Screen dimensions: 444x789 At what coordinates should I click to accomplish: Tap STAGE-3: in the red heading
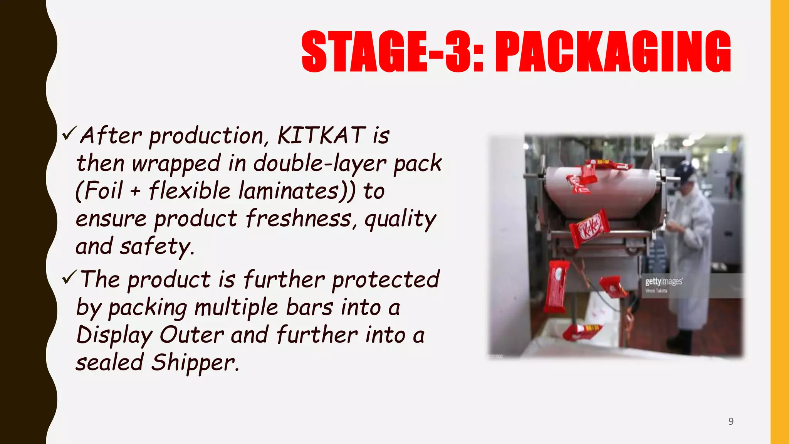coord(392,52)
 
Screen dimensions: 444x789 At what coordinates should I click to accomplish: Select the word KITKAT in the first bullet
coord(321,136)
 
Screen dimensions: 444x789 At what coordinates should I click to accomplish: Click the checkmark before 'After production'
coord(70,133)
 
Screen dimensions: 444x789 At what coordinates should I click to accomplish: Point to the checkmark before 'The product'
coord(70,277)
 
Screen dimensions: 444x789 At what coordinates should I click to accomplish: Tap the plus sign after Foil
coord(135,191)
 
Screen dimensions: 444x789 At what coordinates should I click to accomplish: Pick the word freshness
coord(299,219)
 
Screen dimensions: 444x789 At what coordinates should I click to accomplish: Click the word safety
coord(156,247)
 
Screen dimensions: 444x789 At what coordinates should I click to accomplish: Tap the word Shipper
coord(195,363)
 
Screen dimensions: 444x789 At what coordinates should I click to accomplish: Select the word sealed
coord(109,363)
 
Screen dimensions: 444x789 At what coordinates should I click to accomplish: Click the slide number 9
coord(731,421)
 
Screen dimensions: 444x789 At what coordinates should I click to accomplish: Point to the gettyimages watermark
coord(663,281)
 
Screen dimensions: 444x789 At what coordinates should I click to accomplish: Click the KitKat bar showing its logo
coord(589,229)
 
